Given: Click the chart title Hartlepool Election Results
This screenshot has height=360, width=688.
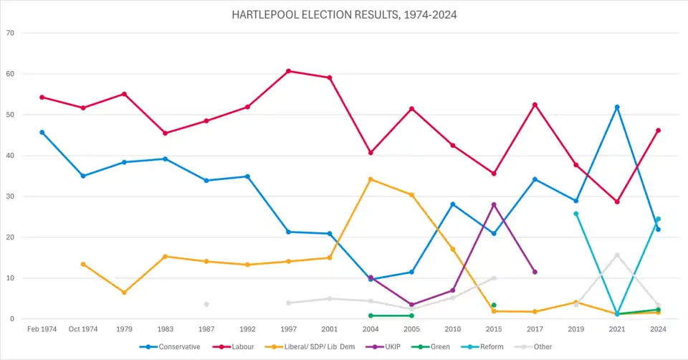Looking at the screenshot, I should coord(344,14).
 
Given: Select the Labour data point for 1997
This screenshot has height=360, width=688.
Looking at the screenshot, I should coord(289,71).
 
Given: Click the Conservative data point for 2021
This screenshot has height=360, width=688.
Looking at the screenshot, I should coord(617,107).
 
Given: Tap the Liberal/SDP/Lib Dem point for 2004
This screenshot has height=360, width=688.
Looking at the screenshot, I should coord(371,179).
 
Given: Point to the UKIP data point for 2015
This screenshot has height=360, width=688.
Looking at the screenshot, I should coord(494,204).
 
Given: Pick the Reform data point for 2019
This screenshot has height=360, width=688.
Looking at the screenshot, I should coord(576,214).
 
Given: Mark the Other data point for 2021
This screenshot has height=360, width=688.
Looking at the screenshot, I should coord(617,255).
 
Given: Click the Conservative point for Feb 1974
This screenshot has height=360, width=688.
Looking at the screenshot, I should coord(42,132).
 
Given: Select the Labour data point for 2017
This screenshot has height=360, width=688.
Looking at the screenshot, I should coord(535,105).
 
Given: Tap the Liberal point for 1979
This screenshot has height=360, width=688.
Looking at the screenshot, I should coord(125,292).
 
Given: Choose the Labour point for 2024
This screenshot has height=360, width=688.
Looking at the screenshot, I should coord(658,131).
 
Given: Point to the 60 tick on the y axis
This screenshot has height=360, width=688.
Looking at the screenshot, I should coord(10,74).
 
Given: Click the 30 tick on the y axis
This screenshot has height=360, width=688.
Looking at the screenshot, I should coord(10,196).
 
